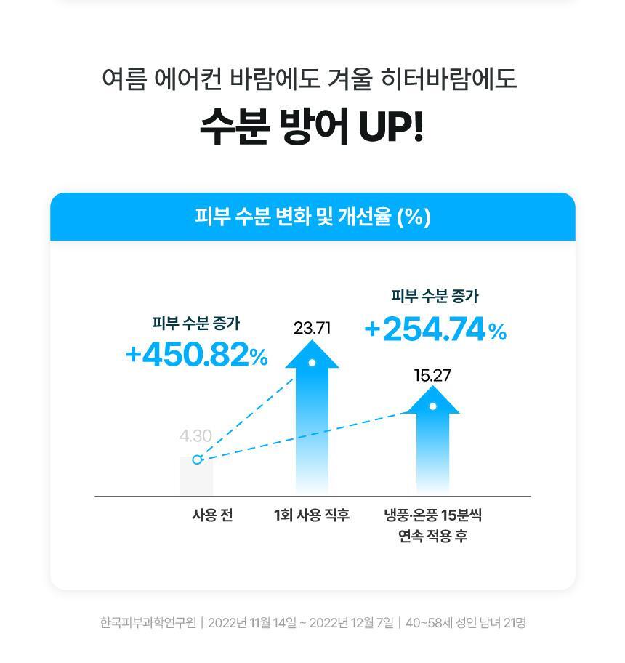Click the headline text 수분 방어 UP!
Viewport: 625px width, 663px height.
click(x=311, y=126)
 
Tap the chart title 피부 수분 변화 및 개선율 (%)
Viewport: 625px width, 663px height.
click(x=312, y=217)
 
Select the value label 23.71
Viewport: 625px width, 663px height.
click(x=312, y=328)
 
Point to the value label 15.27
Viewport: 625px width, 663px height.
click(x=432, y=376)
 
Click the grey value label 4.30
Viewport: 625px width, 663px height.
click(x=195, y=436)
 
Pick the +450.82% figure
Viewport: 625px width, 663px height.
click(x=196, y=355)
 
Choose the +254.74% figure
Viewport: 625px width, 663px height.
click(x=435, y=330)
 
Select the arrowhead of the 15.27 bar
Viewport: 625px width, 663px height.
click(x=432, y=401)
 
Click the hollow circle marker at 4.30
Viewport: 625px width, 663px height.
click(x=197, y=459)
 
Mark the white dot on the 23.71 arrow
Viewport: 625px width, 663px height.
click(x=312, y=363)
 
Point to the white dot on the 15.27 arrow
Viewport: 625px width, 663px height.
click(x=432, y=406)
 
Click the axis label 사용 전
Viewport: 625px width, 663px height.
click(x=212, y=515)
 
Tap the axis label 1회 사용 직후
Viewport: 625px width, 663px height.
click(x=312, y=515)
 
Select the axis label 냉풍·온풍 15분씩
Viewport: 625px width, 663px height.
click(x=432, y=515)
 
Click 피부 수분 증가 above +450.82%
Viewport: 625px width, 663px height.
click(x=195, y=323)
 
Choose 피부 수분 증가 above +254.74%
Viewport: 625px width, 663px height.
click(x=435, y=296)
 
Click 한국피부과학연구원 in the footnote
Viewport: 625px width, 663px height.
click(x=148, y=623)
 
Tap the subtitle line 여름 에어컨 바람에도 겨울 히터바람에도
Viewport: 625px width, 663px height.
click(x=310, y=79)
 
